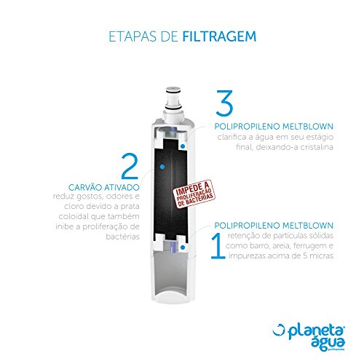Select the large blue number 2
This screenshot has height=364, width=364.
click(x=130, y=165)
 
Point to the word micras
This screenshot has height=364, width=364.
click(x=314, y=257)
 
